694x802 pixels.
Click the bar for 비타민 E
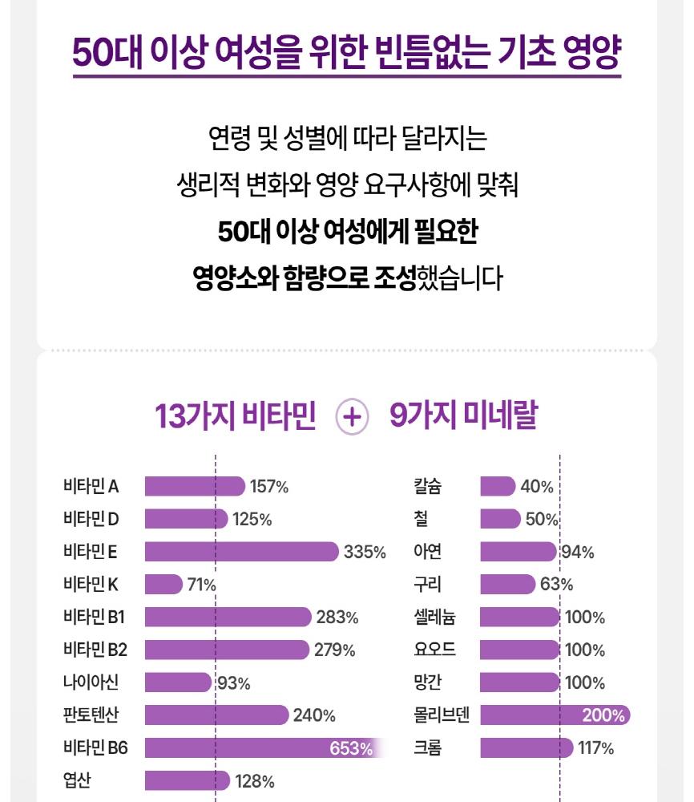[241, 552]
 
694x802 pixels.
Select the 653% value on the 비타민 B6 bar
[351, 749]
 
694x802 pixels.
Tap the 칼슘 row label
[427, 486]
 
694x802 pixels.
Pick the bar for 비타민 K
[163, 585]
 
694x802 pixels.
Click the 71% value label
[202, 585]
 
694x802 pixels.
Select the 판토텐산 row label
[91, 715]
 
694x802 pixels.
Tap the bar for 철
[500, 519]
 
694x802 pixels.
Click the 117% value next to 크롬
[595, 749]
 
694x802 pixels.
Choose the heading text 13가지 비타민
[236, 417]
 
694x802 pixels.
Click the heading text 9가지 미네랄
[463, 417]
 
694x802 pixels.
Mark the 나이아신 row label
[91, 683]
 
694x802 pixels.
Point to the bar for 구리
[507, 585]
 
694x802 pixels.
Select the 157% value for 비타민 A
[269, 486]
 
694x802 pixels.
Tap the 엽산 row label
[77, 781]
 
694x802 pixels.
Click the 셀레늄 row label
[434, 618]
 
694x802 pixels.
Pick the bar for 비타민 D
[186, 519]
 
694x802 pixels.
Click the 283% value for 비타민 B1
[337, 618]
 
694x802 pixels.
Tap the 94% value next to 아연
[577, 552]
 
